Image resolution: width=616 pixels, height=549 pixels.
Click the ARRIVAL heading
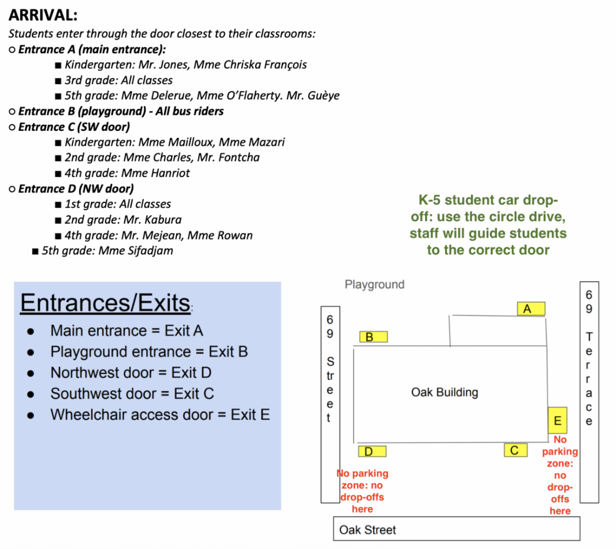click(43, 15)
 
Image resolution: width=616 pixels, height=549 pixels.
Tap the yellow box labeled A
click(531, 309)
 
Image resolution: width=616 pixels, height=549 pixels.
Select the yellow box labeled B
click(373, 337)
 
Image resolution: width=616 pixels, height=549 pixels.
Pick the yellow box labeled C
click(515, 450)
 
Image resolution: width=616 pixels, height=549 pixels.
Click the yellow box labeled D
click(372, 452)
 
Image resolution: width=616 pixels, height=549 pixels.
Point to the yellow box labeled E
click(557, 421)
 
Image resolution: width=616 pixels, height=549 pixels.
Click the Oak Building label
click(445, 393)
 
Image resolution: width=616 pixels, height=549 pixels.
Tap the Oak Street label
click(368, 530)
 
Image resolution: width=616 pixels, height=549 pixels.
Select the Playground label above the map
click(374, 284)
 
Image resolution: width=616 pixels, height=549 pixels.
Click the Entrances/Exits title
click(105, 303)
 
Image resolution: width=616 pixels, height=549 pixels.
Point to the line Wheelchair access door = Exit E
click(160, 415)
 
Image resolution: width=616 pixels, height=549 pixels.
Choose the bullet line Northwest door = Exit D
click(130, 372)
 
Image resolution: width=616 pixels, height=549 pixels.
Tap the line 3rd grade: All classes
click(119, 81)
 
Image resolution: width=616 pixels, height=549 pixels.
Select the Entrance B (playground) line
click(121, 111)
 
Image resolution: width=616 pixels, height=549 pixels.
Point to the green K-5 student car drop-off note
click(488, 225)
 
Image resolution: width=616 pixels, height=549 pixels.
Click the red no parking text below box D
click(362, 491)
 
